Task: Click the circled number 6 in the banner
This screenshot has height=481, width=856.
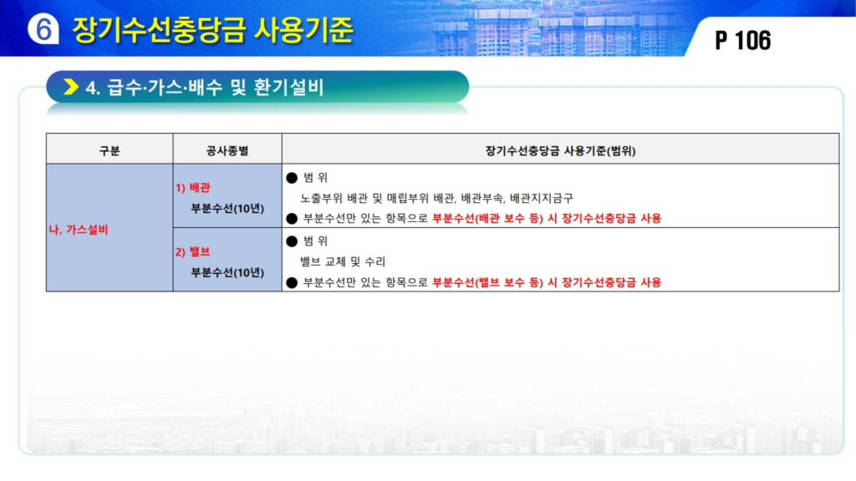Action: (43, 29)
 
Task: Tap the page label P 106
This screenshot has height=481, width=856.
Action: (742, 41)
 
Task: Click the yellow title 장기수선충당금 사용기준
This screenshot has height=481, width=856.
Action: (213, 29)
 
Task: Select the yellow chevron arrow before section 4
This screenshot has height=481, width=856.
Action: (71, 87)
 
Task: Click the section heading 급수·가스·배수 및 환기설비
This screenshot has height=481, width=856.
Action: (215, 87)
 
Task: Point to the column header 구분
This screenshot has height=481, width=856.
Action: (110, 150)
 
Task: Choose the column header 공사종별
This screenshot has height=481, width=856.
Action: (227, 150)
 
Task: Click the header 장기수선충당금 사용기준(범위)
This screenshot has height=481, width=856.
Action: (560, 150)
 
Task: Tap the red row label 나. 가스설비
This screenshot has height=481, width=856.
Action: (79, 230)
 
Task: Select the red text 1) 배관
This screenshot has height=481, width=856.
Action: (193, 188)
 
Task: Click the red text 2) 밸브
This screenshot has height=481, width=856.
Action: (193, 252)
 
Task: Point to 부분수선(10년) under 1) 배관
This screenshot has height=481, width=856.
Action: (227, 208)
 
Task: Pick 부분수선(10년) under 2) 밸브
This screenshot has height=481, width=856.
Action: (227, 272)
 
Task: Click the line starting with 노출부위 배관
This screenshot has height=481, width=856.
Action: (436, 198)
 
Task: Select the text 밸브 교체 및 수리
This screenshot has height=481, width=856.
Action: (343, 261)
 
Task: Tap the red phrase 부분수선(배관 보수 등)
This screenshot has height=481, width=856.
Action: (487, 219)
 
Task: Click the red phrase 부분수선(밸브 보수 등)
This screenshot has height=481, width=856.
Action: (487, 282)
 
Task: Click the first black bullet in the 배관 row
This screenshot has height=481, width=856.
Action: (292, 178)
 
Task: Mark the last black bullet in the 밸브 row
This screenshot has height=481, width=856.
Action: (292, 282)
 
